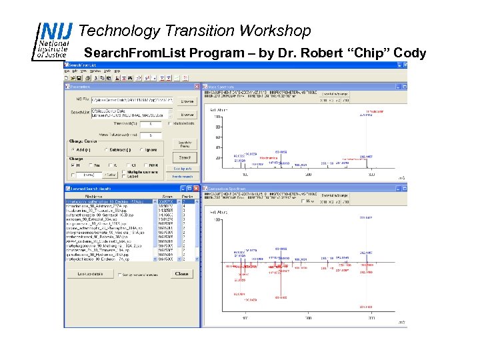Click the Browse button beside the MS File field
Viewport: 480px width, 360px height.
pos(187,101)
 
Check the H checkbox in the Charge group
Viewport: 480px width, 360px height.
pos(75,166)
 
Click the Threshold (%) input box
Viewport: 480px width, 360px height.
pos(151,124)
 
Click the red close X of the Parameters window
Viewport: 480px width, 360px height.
pos(196,87)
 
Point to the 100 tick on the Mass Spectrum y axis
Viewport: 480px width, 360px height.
pos(217,117)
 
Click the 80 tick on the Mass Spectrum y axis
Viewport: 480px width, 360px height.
pos(218,127)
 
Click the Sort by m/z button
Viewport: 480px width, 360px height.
pos(183,169)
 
